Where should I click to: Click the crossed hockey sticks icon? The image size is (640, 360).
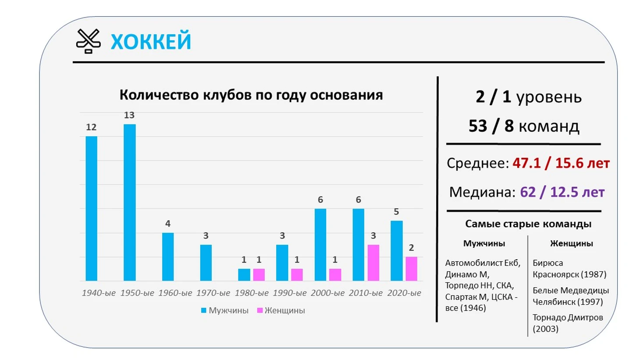click(x=88, y=41)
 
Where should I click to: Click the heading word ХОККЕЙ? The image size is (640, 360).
click(x=151, y=42)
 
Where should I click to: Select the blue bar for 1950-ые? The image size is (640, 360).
click(x=129, y=202)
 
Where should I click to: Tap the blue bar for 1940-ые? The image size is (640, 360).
click(x=91, y=208)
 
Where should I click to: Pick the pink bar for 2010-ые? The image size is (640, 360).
click(x=373, y=263)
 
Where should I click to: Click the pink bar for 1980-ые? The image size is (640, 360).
click(x=259, y=274)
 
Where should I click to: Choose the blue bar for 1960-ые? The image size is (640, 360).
click(x=167, y=257)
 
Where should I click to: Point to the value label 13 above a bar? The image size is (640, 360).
click(x=129, y=115)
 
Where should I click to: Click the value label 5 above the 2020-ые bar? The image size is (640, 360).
click(x=396, y=212)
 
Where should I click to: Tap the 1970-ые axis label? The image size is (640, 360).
click(x=213, y=293)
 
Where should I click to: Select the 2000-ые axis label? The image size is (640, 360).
click(x=327, y=293)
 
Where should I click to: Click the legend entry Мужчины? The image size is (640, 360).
click(x=224, y=310)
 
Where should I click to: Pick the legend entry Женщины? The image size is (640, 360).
click(x=281, y=310)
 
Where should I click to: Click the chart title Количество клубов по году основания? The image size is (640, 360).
click(x=251, y=95)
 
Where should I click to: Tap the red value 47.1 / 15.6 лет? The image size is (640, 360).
click(x=561, y=163)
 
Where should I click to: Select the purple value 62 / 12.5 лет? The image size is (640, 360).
click(x=562, y=192)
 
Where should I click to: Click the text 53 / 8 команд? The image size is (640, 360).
click(x=524, y=126)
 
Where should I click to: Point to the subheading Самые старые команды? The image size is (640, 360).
click(x=528, y=224)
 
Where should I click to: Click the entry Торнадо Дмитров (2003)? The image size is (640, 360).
click(x=567, y=323)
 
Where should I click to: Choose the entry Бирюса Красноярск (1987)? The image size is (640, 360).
click(x=569, y=269)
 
